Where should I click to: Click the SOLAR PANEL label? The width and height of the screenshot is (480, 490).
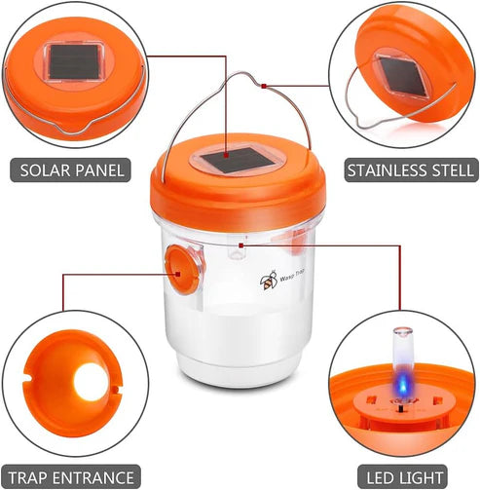coord(72,170)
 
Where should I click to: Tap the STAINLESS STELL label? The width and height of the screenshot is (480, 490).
coord(401,170)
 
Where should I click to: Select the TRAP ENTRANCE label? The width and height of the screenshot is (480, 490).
coord(73,477)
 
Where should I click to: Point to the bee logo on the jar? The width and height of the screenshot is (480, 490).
coord(268,282)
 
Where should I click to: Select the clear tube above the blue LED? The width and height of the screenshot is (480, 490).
coord(400,350)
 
